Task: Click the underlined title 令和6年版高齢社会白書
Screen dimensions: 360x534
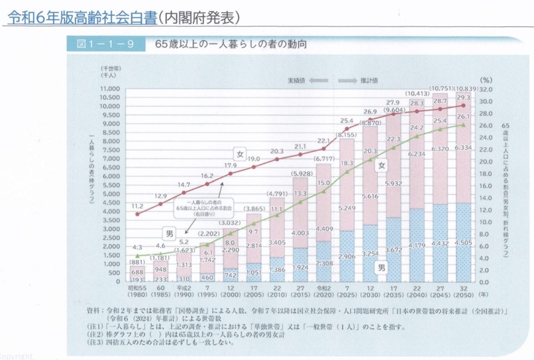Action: point(82,17)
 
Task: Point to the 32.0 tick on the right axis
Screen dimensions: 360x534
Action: point(487,89)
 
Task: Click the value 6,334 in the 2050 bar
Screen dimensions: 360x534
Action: point(463,148)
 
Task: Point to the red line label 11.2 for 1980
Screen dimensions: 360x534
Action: point(137,205)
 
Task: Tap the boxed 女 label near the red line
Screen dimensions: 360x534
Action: point(240,154)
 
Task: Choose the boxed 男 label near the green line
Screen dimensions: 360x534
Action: point(169,234)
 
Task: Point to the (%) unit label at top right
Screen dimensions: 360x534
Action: point(486,80)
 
